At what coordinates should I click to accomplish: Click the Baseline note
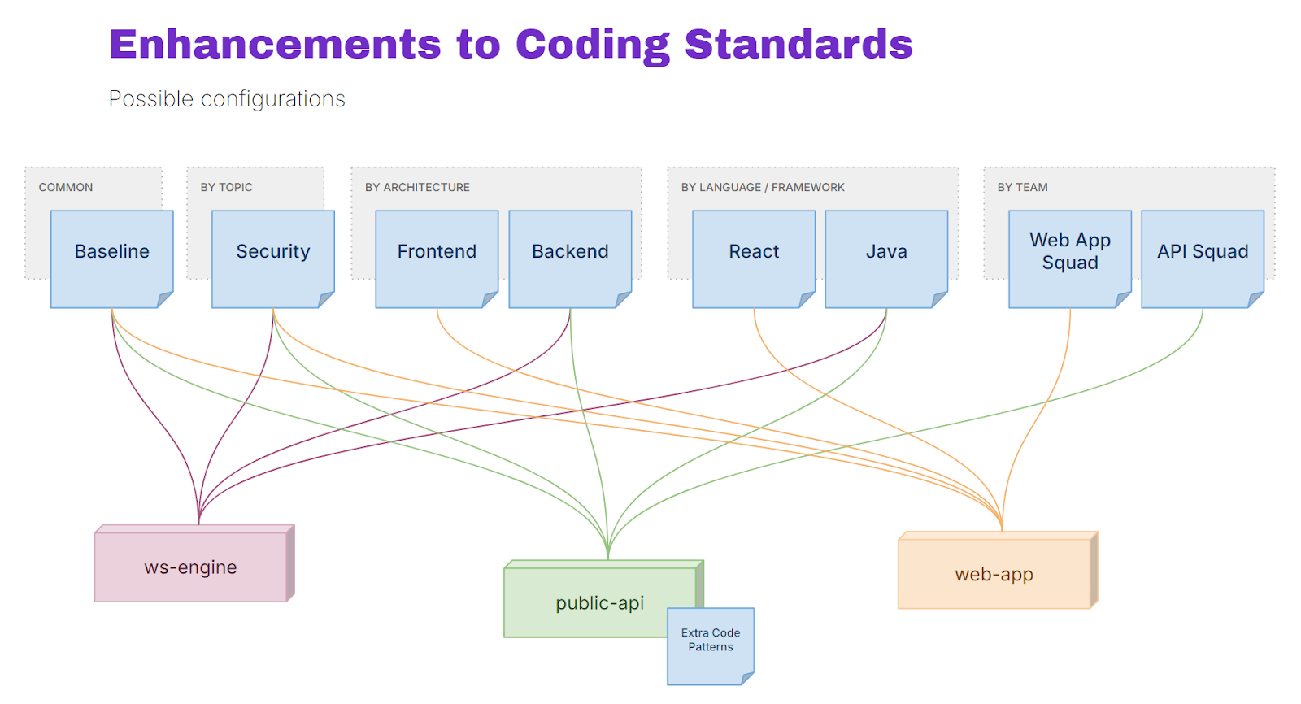point(112,259)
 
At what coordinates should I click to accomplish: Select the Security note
point(273,259)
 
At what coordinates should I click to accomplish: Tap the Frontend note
point(437,259)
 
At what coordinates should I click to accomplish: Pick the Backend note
point(570,259)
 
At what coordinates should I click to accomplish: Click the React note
point(754,259)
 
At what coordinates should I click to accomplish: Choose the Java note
point(886,259)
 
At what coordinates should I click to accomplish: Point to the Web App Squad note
point(1070,259)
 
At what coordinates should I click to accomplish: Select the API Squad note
point(1203,259)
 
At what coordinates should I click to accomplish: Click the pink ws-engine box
point(194,563)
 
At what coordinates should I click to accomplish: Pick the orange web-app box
point(998,571)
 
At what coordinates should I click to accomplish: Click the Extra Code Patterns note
point(711,646)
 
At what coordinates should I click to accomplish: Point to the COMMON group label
point(66,187)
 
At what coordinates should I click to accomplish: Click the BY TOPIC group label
point(227,187)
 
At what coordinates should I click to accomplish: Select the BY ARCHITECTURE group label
point(417,187)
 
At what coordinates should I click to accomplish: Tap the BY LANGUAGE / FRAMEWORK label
point(763,187)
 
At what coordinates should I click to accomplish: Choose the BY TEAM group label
point(1022,187)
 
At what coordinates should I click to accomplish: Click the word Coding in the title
point(593,46)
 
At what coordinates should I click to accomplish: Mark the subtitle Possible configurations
point(227,99)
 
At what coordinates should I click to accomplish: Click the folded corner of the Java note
point(939,299)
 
